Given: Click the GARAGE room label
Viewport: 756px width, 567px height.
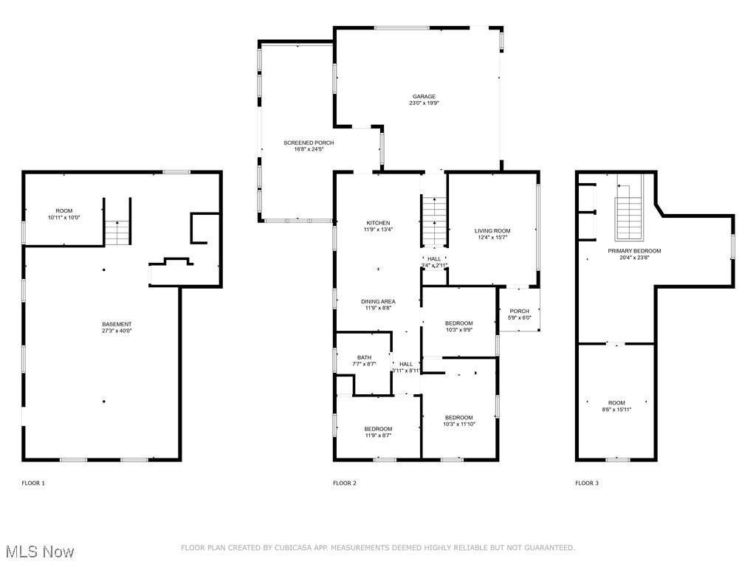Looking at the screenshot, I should [x=424, y=97].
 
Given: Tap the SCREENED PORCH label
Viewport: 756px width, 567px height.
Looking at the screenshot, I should [x=309, y=142].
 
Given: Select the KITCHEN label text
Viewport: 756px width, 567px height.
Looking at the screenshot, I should [x=379, y=223].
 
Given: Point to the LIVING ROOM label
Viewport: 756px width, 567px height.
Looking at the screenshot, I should [x=492, y=231].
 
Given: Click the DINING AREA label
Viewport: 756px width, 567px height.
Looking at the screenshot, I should [x=378, y=301].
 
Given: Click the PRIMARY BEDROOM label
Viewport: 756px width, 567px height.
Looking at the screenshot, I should [x=634, y=251].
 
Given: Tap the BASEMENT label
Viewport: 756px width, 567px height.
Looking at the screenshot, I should [x=117, y=324].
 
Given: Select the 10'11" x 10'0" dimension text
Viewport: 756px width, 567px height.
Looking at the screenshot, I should [x=63, y=218].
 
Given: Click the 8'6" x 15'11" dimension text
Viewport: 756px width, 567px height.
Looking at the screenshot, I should [x=616, y=409].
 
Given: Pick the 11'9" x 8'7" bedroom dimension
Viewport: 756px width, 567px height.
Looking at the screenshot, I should [x=378, y=436].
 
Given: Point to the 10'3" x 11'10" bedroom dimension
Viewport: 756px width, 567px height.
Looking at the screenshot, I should [x=458, y=424].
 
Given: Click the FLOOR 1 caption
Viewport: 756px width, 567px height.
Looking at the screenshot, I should [x=33, y=483].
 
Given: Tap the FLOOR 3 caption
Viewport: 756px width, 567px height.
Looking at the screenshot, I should [x=587, y=483].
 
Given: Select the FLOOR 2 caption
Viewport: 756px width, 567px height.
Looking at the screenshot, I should [x=344, y=483].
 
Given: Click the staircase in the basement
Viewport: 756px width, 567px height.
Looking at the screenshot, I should [x=117, y=232].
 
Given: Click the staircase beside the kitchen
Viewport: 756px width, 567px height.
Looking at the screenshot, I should [x=435, y=221].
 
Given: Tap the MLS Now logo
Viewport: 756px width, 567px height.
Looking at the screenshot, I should [x=39, y=551].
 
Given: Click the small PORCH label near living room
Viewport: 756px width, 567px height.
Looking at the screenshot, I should [x=519, y=311].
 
